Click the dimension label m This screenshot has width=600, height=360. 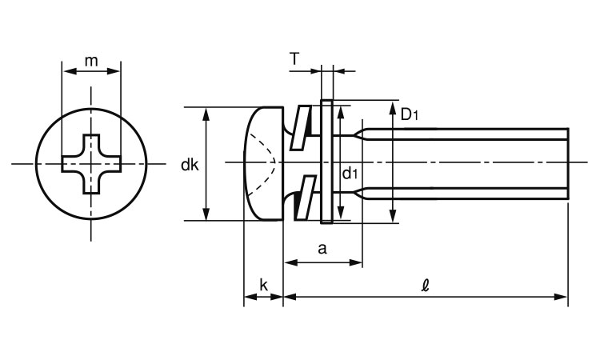pyautogui.click(x=91, y=61)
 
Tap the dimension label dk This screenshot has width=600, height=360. pyautogui.click(x=190, y=166)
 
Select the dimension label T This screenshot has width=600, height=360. pyautogui.click(x=295, y=58)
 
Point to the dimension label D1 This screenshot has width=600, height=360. pyautogui.click(x=410, y=115)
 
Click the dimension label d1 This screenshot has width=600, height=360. pyautogui.click(x=350, y=174)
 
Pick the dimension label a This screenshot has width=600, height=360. pyautogui.click(x=322, y=248)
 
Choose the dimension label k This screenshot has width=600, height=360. pyautogui.click(x=263, y=284)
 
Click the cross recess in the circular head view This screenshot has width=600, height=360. pyautogui.click(x=92, y=163)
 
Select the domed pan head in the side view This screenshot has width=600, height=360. pyautogui.click(x=262, y=163)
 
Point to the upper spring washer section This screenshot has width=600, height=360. pyautogui.click(x=299, y=127)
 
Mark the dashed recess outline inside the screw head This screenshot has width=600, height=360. pyautogui.click(x=266, y=163)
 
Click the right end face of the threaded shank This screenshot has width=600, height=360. pyautogui.click(x=568, y=163)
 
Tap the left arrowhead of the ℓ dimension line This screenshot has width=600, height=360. pyautogui.click(x=289, y=297)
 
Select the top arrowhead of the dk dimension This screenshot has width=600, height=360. pyautogui.click(x=207, y=111)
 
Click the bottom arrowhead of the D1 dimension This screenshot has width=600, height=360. pyautogui.click(x=393, y=218)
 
